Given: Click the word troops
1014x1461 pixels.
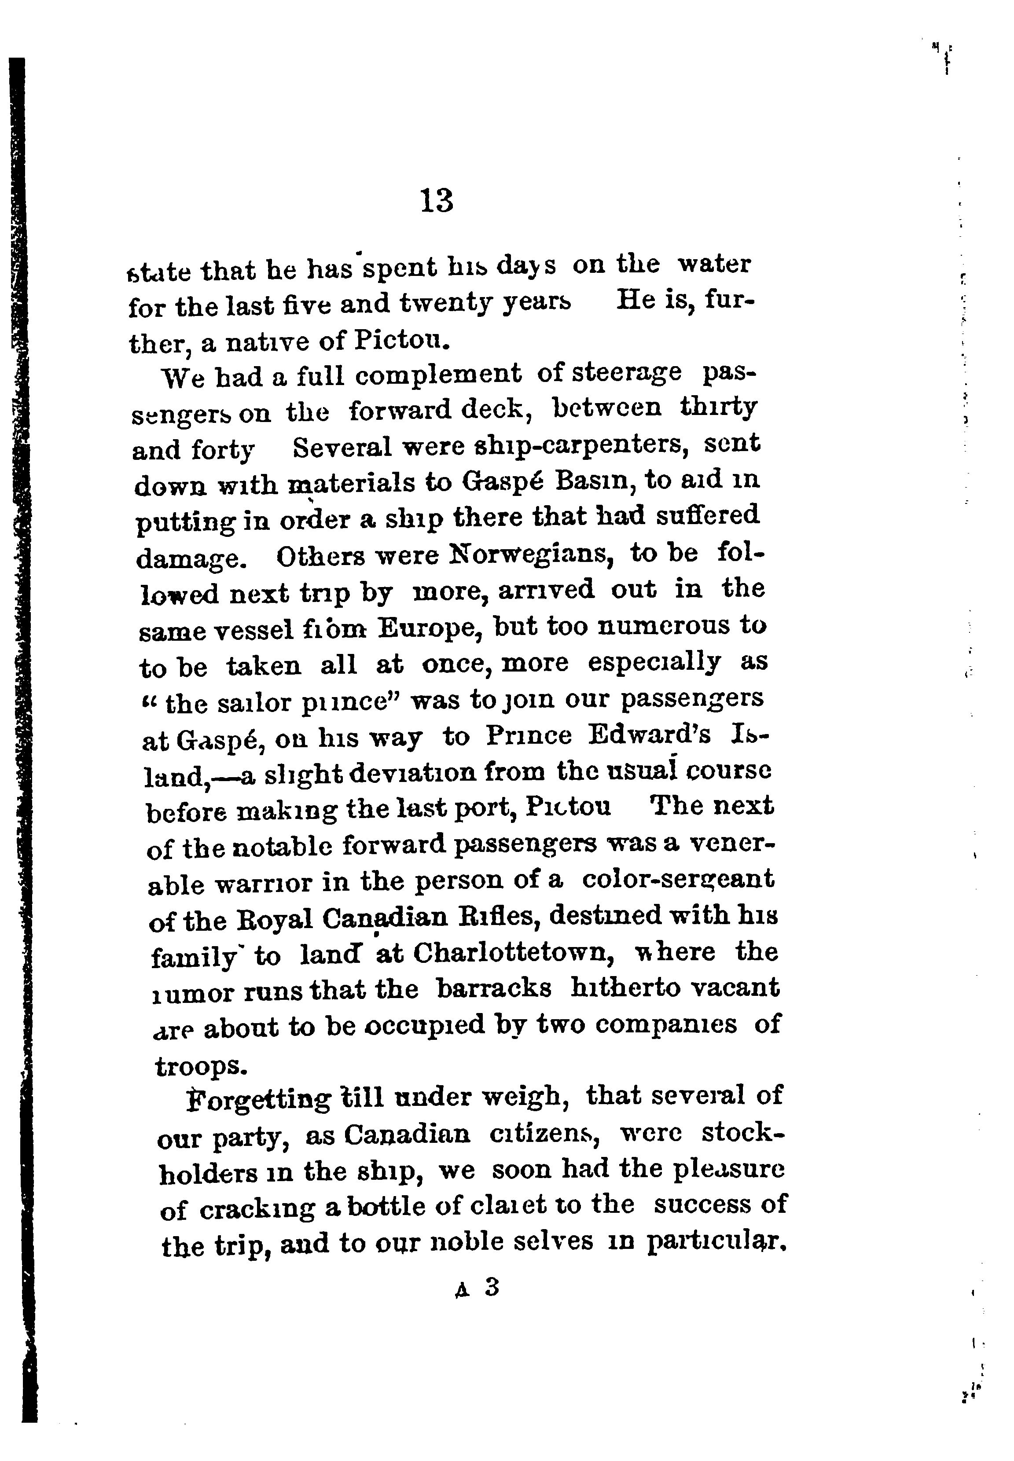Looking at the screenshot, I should [x=199, y=1065].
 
